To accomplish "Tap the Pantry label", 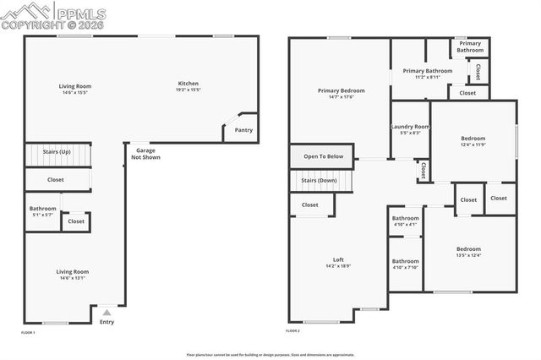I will click(x=243, y=130).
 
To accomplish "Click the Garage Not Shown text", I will click(x=145, y=154).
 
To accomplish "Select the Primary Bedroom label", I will click(x=341, y=93).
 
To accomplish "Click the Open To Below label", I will click(x=323, y=156).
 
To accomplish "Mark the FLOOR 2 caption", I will click(x=292, y=332).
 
